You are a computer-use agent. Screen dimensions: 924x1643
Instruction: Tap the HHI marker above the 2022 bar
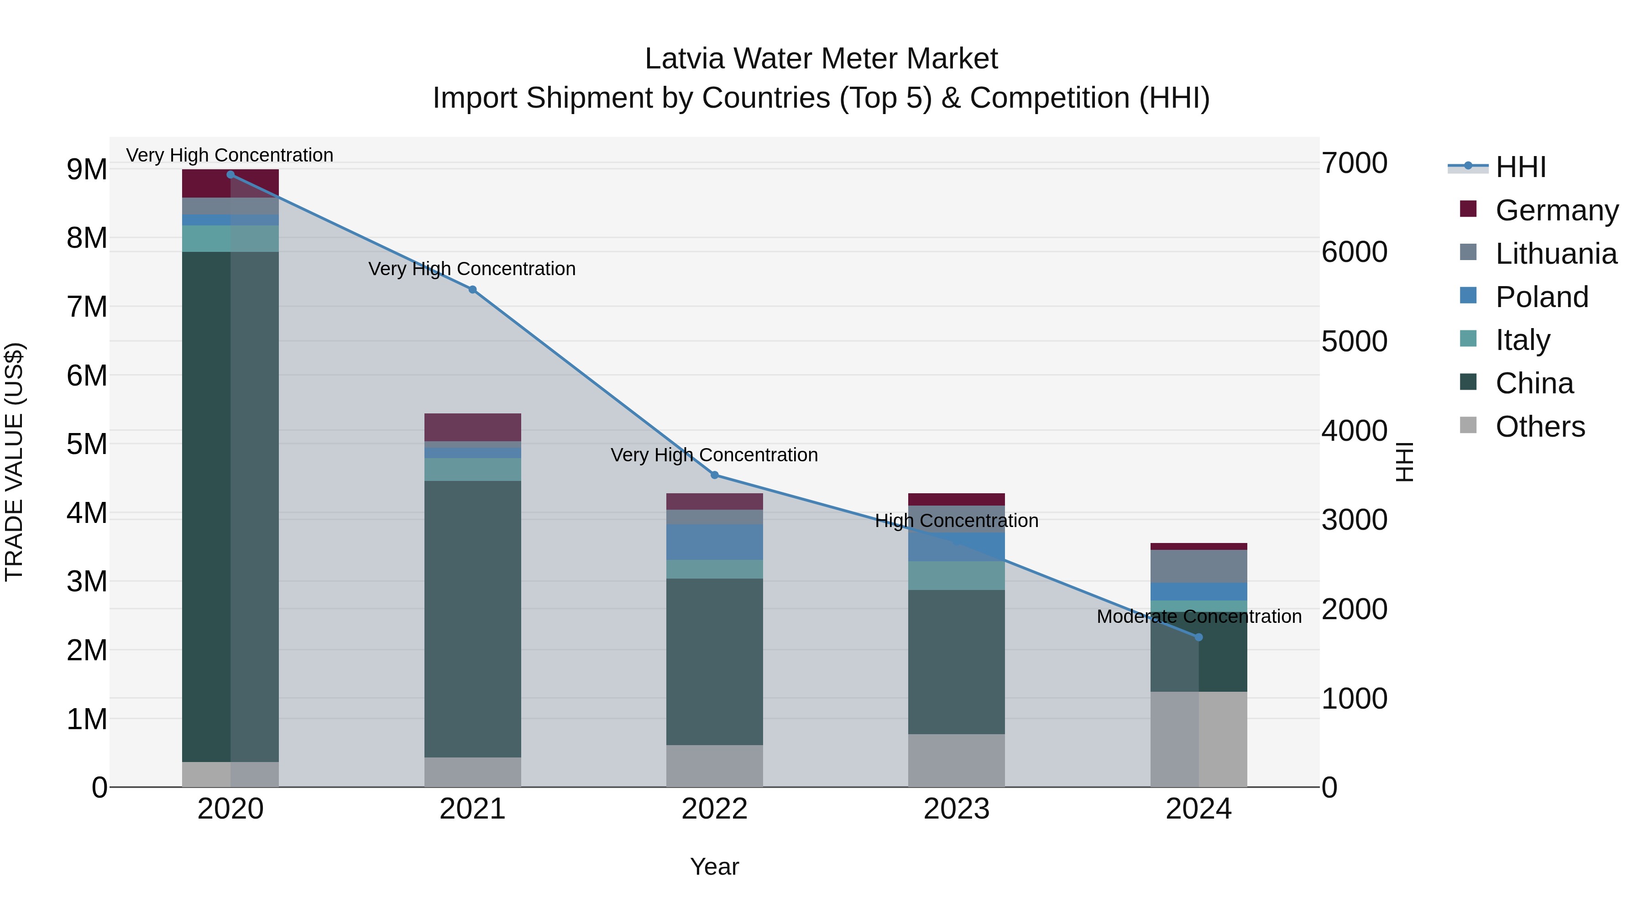click(x=714, y=475)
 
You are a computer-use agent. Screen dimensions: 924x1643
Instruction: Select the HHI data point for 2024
click(x=1198, y=637)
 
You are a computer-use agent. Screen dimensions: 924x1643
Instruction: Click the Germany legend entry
click(x=1556, y=210)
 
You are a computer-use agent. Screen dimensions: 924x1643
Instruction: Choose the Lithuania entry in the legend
click(x=1556, y=253)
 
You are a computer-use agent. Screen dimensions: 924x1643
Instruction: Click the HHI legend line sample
click(x=1468, y=167)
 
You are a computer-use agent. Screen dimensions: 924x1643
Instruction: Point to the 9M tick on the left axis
click(x=86, y=170)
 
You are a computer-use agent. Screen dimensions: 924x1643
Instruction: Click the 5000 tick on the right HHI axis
click(x=1354, y=341)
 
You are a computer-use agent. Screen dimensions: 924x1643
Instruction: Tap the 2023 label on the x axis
click(x=956, y=809)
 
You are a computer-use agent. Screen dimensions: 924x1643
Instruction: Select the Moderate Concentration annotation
click(x=1199, y=616)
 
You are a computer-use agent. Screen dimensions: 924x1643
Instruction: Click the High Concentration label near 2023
click(x=956, y=521)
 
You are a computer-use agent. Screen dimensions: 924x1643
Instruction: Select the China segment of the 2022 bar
click(x=714, y=661)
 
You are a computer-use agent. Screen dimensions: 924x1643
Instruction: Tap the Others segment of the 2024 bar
click(x=1198, y=739)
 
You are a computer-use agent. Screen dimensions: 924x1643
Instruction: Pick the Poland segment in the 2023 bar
click(x=956, y=547)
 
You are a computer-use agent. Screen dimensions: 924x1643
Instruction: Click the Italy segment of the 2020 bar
click(x=230, y=239)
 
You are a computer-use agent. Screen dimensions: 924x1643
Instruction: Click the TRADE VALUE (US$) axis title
click(x=14, y=462)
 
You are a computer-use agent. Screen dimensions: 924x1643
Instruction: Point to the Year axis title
click(x=714, y=867)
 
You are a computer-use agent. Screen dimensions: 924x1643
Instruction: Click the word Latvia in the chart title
click(x=685, y=59)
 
